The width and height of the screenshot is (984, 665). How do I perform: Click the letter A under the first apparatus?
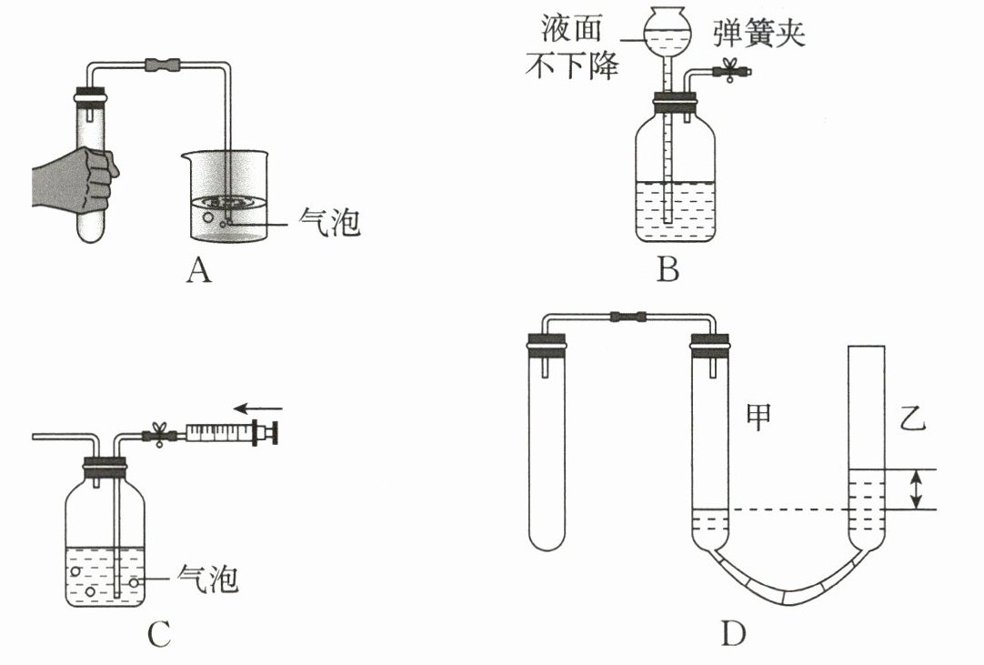pos(198,270)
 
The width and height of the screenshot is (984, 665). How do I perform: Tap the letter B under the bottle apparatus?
pos(668,269)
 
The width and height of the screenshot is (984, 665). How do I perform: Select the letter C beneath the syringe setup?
pos(159,637)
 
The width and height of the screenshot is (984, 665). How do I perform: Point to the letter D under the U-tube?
pos(734,633)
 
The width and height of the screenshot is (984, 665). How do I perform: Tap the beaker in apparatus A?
pos(223,196)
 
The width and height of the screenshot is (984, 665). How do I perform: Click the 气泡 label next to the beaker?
pos(330,222)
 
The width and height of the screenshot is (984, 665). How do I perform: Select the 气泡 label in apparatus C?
pos(208,578)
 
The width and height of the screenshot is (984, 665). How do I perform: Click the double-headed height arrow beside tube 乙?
pos(918,489)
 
